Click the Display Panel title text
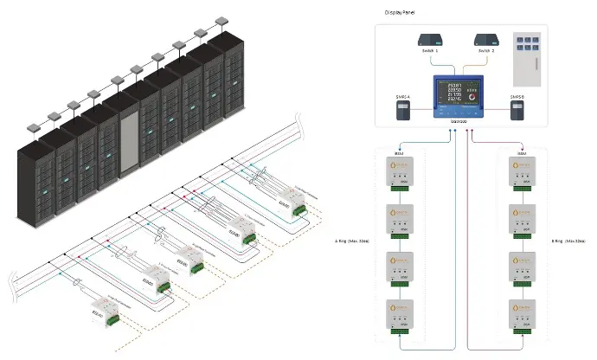point(398,14)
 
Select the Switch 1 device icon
point(431,40)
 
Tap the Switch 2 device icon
point(486,40)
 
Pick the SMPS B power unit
point(517,110)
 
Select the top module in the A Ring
point(400,173)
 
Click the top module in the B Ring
point(523,173)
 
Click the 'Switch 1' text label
point(431,54)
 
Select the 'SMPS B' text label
point(517,96)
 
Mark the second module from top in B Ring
point(523,220)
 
